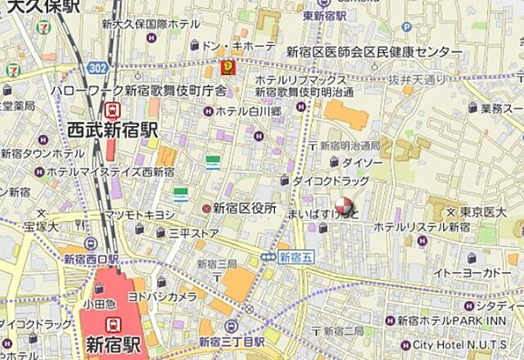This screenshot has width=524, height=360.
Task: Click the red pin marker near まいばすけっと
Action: tap(345, 205)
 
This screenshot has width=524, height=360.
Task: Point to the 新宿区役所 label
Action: tap(244, 209)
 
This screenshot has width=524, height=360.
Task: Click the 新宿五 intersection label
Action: tap(295, 257)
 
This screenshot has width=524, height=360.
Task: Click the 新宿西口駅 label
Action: tap(90, 259)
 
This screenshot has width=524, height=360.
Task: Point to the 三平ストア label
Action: tap(193, 232)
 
